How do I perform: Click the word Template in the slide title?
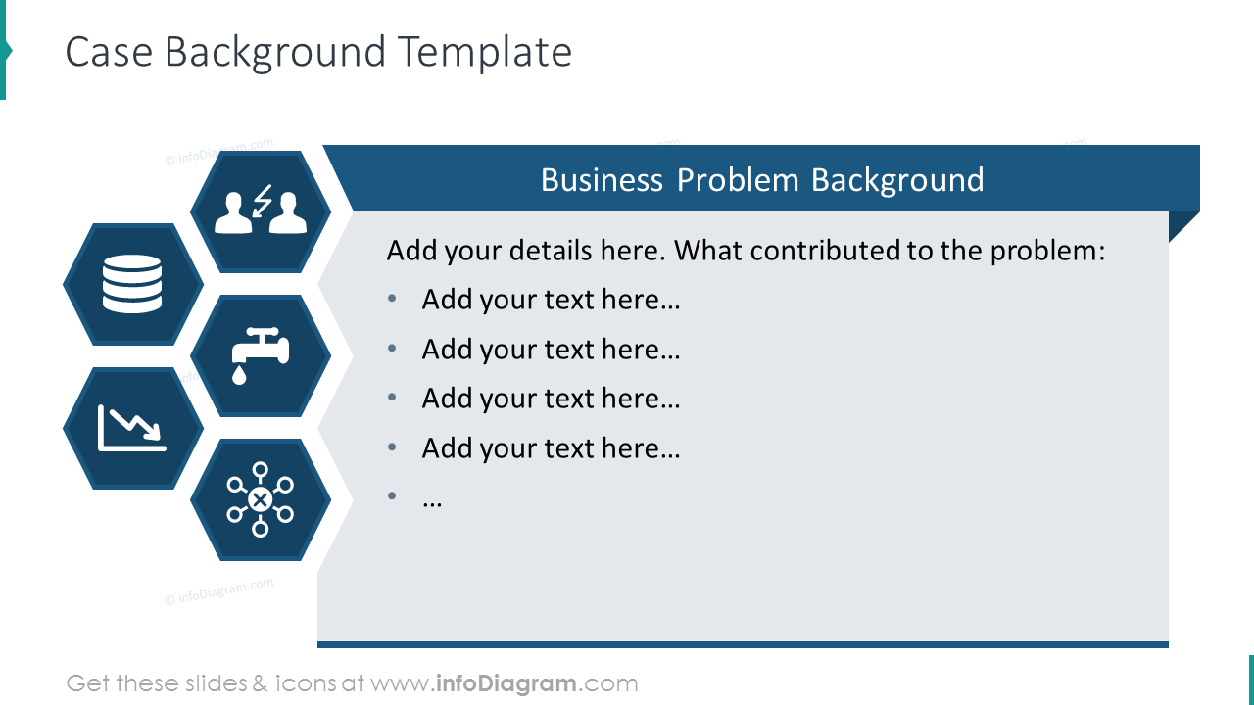click(485, 52)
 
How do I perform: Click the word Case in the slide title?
click(109, 52)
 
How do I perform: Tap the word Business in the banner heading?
click(602, 180)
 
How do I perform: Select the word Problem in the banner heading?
click(738, 180)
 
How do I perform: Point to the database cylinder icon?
click(132, 284)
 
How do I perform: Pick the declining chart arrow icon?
click(132, 428)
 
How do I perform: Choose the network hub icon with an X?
click(260, 499)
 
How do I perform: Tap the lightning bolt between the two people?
click(262, 201)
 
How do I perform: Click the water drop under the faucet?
click(239, 375)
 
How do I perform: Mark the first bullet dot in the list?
click(392, 299)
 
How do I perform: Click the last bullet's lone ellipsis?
click(432, 503)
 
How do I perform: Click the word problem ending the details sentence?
click(1048, 252)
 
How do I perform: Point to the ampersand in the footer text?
click(260, 683)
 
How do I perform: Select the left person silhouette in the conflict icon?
click(233, 212)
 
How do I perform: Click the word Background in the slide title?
click(275, 53)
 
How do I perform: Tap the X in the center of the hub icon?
click(260, 499)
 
